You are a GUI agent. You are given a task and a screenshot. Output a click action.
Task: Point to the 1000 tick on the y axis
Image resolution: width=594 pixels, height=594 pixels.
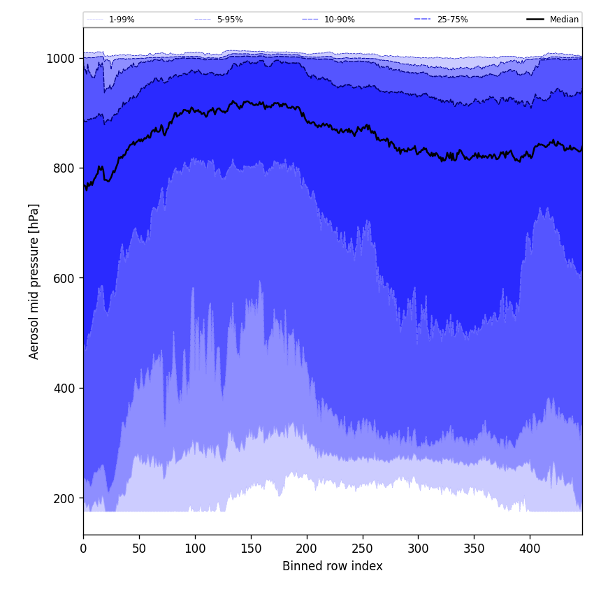[x=61, y=58]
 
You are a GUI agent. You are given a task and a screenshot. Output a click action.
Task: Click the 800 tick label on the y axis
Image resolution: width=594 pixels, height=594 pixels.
[x=64, y=168]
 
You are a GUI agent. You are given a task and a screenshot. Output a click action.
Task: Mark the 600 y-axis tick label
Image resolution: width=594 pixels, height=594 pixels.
[x=64, y=278]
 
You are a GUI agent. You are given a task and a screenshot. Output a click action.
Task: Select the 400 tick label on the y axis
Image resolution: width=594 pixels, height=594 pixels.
[x=64, y=389]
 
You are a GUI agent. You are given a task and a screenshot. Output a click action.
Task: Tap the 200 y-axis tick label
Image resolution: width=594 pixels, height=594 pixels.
[x=64, y=498]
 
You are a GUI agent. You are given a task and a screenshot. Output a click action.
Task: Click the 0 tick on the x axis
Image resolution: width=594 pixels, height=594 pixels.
[x=83, y=549]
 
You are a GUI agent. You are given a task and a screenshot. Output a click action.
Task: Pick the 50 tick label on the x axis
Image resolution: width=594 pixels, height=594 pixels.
[x=139, y=549]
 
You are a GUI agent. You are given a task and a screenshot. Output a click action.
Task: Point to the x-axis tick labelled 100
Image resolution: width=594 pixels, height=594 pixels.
[x=195, y=549]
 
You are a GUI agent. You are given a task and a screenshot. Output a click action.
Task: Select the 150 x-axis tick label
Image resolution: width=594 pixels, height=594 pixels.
[x=251, y=549]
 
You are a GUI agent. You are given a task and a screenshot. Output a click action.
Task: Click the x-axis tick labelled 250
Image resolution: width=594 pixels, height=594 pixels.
[x=362, y=549]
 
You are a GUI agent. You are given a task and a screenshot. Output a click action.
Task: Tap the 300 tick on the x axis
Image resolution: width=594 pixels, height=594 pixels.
[x=418, y=549]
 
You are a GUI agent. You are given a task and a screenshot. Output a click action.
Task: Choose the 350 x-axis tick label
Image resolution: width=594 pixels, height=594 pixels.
[x=474, y=549]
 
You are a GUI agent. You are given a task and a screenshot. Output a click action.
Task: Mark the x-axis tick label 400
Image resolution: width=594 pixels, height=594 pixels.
[x=530, y=549]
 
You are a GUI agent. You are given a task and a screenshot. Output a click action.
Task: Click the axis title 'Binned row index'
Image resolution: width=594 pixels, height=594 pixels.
[x=333, y=566]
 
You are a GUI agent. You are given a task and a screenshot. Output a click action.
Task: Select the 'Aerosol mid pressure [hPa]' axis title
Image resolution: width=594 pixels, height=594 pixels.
[x=34, y=281]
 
